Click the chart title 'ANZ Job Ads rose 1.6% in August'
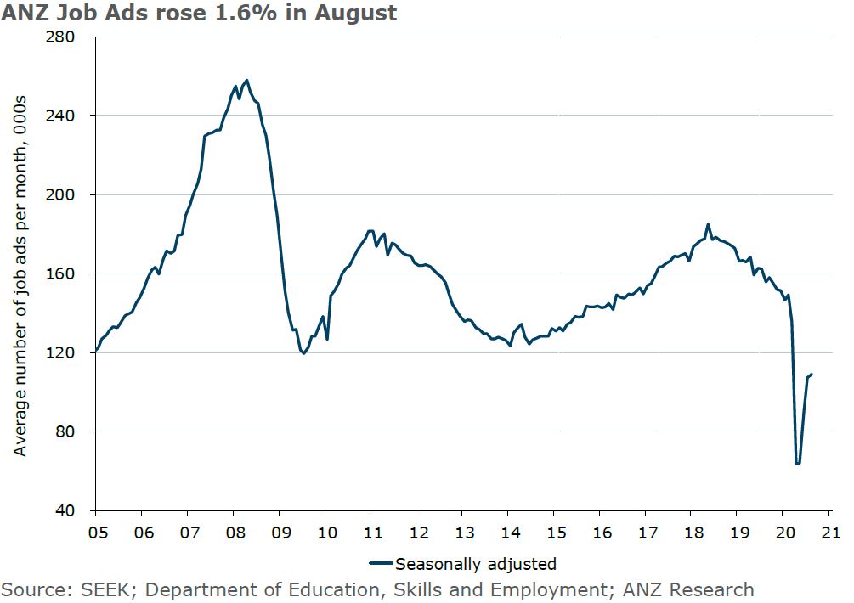199,14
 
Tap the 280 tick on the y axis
65,37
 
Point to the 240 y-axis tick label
65,116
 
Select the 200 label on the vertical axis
65,194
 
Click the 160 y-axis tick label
65,273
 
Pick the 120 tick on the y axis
65,352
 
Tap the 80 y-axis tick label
69,431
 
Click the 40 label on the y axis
69,510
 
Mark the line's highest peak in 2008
246,80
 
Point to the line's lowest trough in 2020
797,464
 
